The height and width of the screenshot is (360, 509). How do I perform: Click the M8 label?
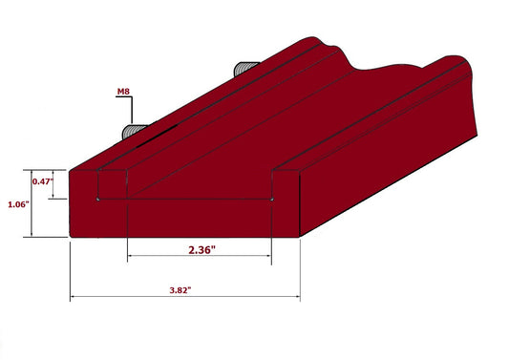(123, 92)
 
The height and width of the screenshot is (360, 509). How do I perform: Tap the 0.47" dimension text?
(42, 180)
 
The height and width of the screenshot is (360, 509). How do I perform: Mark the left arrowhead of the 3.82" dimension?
(74, 298)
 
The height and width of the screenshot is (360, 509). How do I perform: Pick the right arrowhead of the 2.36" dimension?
(270, 259)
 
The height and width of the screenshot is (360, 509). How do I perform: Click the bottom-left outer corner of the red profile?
(72, 236)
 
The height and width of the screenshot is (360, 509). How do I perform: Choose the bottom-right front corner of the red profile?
(300, 236)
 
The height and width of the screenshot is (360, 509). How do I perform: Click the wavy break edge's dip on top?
(363, 69)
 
